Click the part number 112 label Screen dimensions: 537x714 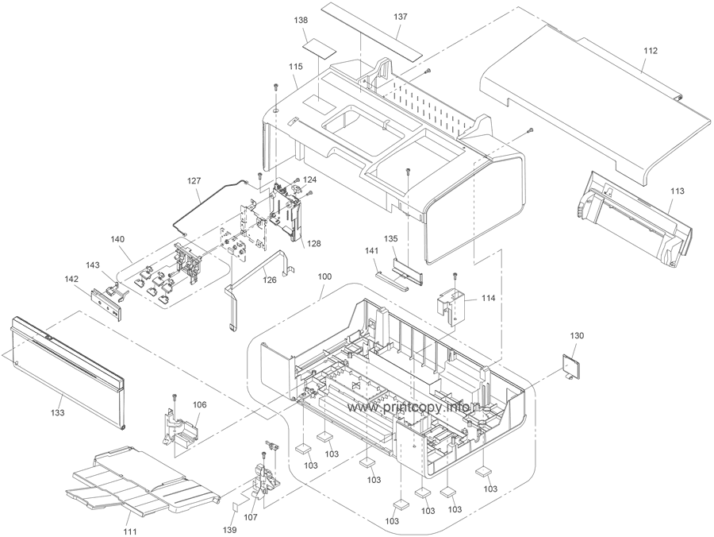point(651,51)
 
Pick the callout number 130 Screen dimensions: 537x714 point(578,336)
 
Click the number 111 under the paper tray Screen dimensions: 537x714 point(128,531)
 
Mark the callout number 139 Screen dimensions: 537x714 point(229,529)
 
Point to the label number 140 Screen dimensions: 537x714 point(118,238)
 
